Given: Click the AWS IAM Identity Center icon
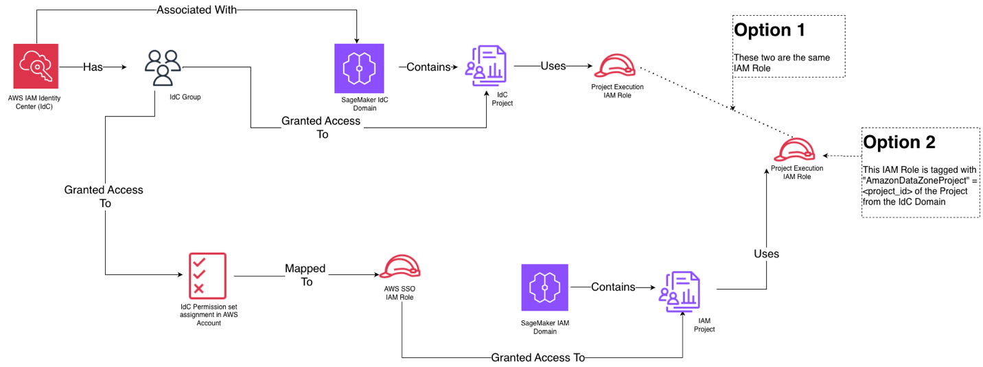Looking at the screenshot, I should click(36, 67).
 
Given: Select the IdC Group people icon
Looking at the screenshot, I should click(163, 68).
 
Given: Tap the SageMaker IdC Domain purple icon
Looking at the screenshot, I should click(358, 68).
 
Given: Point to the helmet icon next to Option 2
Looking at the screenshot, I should click(796, 149).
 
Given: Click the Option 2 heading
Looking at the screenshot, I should click(899, 142).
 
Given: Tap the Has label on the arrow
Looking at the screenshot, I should click(93, 67).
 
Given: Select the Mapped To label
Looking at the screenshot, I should click(305, 274).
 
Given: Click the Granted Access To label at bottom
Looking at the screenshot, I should click(537, 357).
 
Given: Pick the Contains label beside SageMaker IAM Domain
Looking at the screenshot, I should click(613, 287).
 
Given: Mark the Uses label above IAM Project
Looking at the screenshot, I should click(767, 253).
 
